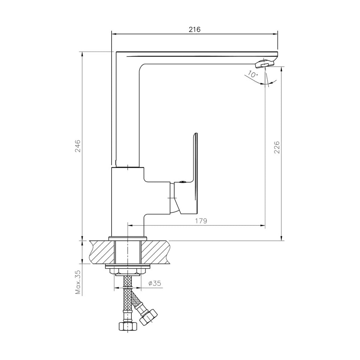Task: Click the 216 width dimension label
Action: (x=194, y=30)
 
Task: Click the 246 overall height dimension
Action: (x=78, y=146)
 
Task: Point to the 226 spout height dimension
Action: (x=277, y=147)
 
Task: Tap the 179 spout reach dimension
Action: (x=201, y=221)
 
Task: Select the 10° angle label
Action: (x=253, y=74)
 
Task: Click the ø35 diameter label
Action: (x=154, y=283)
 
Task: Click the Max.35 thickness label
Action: (x=78, y=282)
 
